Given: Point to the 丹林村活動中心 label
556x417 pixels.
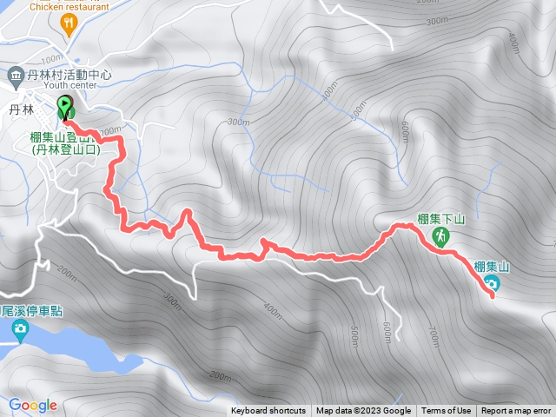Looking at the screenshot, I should click(x=69, y=76).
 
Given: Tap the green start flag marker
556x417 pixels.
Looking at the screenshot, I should click(x=65, y=109).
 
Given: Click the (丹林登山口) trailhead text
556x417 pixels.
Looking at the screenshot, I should click(x=66, y=150).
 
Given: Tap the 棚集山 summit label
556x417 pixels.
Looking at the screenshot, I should click(x=492, y=266).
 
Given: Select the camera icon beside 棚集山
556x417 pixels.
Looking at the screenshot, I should click(x=492, y=284).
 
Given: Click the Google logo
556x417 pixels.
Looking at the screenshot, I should click(x=33, y=405).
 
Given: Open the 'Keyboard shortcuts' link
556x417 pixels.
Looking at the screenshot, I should click(x=268, y=411).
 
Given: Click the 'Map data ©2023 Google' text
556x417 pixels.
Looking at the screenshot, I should click(x=363, y=411).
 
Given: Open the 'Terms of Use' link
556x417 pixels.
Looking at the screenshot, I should click(x=447, y=411).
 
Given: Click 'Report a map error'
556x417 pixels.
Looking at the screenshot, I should click(x=516, y=411).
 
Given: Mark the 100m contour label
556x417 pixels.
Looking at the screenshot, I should click(x=108, y=130).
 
